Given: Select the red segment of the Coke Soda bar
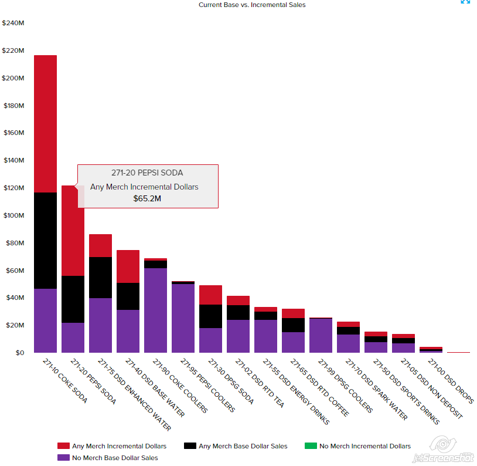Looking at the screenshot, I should (45, 123).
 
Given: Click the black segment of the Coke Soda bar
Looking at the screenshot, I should (45, 241).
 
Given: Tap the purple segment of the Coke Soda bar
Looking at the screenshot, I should (45, 320).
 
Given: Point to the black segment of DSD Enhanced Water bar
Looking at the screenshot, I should (100, 278).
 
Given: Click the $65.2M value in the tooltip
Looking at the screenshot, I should (147, 198).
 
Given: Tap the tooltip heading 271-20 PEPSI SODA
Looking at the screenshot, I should (147, 173).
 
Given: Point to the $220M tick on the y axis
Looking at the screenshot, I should (13, 51).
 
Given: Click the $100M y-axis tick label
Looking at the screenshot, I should (13, 215).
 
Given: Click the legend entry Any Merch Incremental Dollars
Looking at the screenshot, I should (119, 446).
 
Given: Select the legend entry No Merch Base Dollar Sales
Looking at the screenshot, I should (115, 458).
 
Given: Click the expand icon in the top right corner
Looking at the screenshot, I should (465, 2).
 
